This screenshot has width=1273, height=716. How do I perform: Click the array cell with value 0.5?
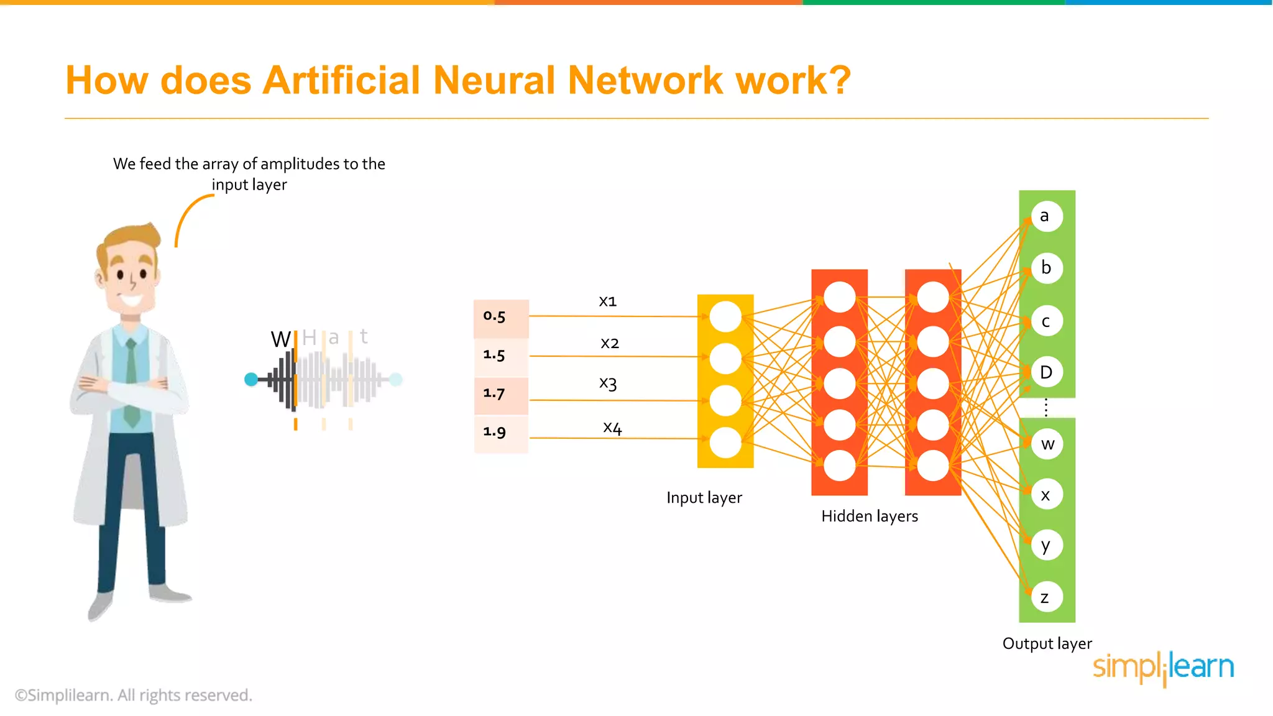tap(501, 317)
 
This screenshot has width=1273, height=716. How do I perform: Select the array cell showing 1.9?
tap(501, 433)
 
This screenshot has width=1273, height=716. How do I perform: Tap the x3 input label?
tap(608, 383)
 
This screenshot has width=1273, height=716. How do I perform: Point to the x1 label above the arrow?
tap(607, 302)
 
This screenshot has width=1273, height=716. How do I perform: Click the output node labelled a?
tap(1047, 216)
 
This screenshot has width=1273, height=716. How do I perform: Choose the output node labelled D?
tap(1047, 372)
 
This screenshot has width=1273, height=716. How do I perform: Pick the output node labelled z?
tap(1047, 597)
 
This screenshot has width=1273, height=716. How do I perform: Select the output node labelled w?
tap(1047, 444)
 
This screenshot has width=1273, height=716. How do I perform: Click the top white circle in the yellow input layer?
tap(725, 317)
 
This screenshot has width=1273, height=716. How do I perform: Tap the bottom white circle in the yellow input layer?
tap(725, 443)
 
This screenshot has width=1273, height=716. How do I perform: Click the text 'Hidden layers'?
tap(869, 516)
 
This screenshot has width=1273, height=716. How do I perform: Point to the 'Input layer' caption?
tap(704, 498)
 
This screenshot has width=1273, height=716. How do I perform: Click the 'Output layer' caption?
tap(1047, 644)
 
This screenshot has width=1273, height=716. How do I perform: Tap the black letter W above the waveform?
tap(280, 339)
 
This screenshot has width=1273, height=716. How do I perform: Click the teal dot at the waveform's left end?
tap(251, 379)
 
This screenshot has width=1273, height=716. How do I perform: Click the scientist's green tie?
tap(131, 385)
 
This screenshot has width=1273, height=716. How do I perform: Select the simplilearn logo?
tap(1163, 668)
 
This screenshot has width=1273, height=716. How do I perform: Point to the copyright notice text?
tap(134, 695)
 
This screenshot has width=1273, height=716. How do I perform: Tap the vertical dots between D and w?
tap(1046, 408)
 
